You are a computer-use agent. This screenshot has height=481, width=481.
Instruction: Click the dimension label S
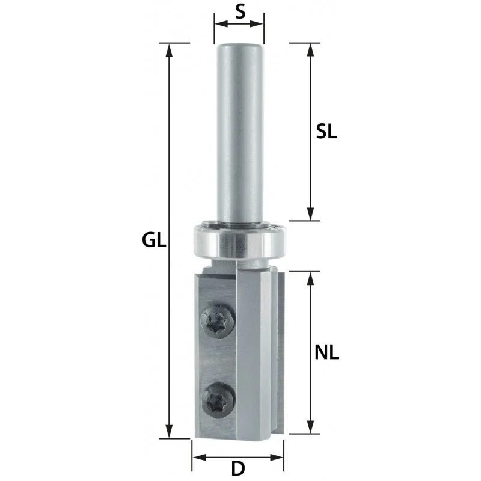(240, 12)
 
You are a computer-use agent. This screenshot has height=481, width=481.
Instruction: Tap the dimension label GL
(154, 240)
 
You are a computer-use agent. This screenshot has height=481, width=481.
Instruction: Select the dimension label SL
(326, 132)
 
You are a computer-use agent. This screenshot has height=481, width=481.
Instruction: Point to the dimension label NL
(326, 352)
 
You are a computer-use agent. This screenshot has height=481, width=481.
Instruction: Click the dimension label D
(238, 468)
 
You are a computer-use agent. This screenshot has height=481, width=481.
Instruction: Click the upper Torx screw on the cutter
(218, 321)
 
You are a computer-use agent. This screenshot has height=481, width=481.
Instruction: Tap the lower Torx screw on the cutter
(218, 400)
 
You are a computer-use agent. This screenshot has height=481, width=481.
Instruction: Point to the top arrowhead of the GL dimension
(169, 51)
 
